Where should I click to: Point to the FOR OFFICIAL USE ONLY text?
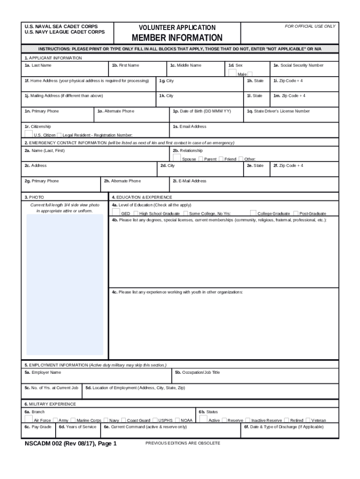click(310, 26)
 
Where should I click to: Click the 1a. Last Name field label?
click(38, 65)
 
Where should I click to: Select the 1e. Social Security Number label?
click(298, 65)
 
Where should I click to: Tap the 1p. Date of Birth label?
click(202, 111)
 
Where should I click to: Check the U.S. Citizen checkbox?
click(29, 133)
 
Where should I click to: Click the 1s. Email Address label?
click(189, 127)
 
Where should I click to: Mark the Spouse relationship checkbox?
click(177, 157)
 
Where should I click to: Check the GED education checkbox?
click(116, 211)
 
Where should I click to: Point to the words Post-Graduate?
click(313, 213)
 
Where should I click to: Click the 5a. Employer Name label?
click(43, 372)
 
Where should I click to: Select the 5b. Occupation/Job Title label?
click(197, 372)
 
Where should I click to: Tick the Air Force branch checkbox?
click(29, 419)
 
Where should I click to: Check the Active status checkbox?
click(203, 419)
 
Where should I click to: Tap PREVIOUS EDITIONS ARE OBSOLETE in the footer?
click(183, 443)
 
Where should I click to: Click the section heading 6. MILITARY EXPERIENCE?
click(50, 404)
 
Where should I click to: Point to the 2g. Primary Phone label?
click(42, 181)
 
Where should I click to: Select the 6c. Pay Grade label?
click(38, 427)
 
